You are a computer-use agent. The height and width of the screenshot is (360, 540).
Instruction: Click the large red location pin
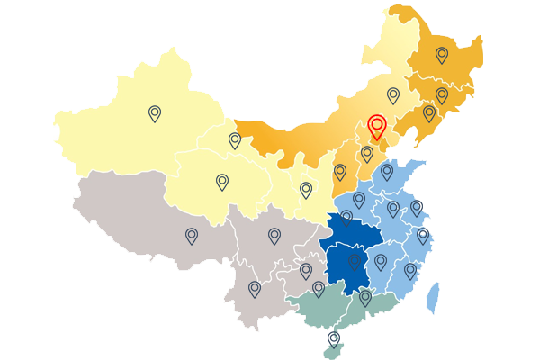coord(377,126)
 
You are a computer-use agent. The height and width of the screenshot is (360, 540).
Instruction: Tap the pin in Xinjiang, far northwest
coord(155,113)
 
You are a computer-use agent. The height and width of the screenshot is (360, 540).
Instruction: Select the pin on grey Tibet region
coord(192,236)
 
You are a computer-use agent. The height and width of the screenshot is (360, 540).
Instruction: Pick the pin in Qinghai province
coord(222,182)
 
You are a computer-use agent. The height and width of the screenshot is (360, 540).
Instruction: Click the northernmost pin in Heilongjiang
coord(442,55)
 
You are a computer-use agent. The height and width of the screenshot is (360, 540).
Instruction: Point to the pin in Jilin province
coord(442,94)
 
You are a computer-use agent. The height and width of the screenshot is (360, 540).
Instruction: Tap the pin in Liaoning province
coord(429,113)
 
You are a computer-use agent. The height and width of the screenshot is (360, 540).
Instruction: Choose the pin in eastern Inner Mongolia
coord(393,94)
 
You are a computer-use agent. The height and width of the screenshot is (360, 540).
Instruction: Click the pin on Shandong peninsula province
coord(387,171)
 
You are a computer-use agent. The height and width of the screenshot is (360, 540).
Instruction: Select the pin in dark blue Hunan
coord(355,262)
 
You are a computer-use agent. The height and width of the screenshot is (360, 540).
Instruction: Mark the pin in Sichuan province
coord(274,236)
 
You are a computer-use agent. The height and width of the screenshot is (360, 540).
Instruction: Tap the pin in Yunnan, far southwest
coord(255,289)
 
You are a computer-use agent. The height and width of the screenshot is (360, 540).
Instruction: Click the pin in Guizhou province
coord(306,270)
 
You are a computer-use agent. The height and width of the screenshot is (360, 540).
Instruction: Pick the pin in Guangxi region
coord(319,289)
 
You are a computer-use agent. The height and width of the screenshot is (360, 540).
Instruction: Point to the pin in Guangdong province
coord(365,297)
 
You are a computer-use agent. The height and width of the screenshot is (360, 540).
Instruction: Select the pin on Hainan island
coord(334,339)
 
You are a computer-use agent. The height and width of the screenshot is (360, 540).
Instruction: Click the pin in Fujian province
coord(410,270)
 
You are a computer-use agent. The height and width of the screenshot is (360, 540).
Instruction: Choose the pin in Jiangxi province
coord(381,262)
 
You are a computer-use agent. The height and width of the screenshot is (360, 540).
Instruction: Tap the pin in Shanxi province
coord(340,171)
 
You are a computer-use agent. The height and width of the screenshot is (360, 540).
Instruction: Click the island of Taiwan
coord(434,297)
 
